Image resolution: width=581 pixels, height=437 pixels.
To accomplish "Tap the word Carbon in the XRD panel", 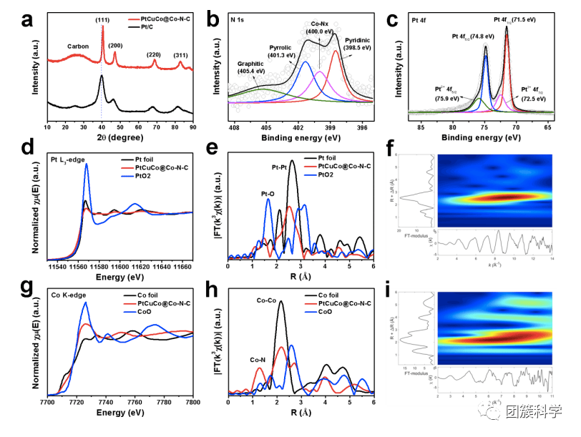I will tap(77, 46).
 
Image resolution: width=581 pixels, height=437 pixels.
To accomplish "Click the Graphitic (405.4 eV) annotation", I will tap(255, 67).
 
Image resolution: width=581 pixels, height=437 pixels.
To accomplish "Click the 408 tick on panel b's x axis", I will tap(234, 127).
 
